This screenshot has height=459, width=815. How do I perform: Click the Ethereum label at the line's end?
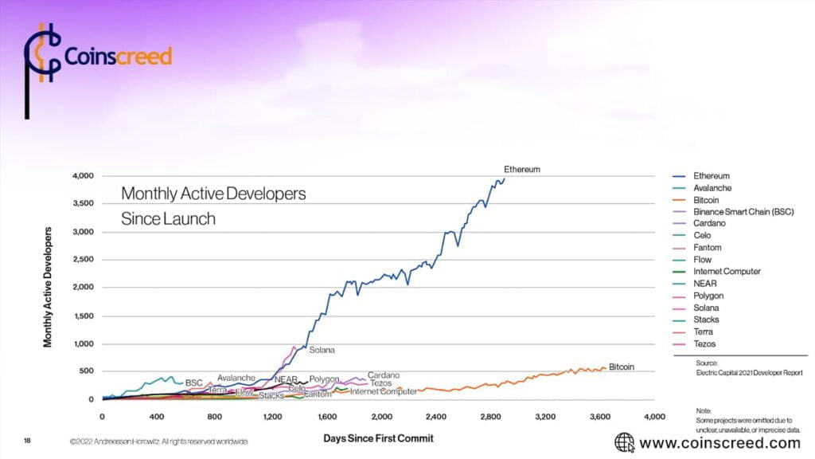point(522,170)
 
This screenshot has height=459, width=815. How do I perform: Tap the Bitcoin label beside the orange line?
point(622,367)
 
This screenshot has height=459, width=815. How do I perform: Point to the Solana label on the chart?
point(322,350)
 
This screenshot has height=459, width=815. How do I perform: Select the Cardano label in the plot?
point(384,375)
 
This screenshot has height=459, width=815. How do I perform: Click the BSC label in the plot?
point(194,382)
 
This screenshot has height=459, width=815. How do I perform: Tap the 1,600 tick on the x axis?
point(326,417)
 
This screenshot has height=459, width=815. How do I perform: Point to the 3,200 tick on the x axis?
point(545,417)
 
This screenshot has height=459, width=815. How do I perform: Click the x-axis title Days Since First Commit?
point(377,438)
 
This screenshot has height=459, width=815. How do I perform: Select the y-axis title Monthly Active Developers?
point(49,287)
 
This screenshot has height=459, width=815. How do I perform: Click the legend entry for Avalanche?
point(712,188)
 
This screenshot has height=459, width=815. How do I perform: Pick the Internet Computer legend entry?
point(727,272)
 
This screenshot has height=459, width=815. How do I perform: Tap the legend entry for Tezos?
point(704,344)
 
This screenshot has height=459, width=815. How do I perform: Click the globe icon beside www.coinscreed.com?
point(624,442)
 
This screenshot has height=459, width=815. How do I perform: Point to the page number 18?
point(28,440)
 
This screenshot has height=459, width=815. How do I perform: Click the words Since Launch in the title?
point(168,218)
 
